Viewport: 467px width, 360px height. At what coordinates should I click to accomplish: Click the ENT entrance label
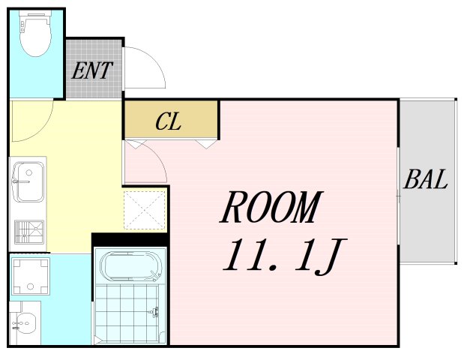(92, 70)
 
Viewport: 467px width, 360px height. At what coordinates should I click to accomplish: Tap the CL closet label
(168, 121)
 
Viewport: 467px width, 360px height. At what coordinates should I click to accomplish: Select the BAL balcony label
(425, 179)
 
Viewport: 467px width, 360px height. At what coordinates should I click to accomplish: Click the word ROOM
(271, 208)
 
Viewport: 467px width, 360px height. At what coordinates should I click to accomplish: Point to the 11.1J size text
(284, 256)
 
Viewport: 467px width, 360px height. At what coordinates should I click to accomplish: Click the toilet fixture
(35, 34)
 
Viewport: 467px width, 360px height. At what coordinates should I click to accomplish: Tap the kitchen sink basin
(28, 181)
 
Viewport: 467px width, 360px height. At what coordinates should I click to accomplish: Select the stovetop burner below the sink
(29, 232)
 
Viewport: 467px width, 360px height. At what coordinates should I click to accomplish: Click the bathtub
(131, 266)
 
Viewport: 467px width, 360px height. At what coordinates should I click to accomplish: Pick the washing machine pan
(30, 276)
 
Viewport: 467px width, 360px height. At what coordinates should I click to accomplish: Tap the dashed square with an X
(145, 210)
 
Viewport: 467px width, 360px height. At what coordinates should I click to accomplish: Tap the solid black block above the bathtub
(130, 240)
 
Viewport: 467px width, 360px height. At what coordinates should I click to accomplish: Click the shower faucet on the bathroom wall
(154, 312)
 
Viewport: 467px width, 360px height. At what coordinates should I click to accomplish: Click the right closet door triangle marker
(206, 144)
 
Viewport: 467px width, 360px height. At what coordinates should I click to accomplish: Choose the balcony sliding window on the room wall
(398, 196)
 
